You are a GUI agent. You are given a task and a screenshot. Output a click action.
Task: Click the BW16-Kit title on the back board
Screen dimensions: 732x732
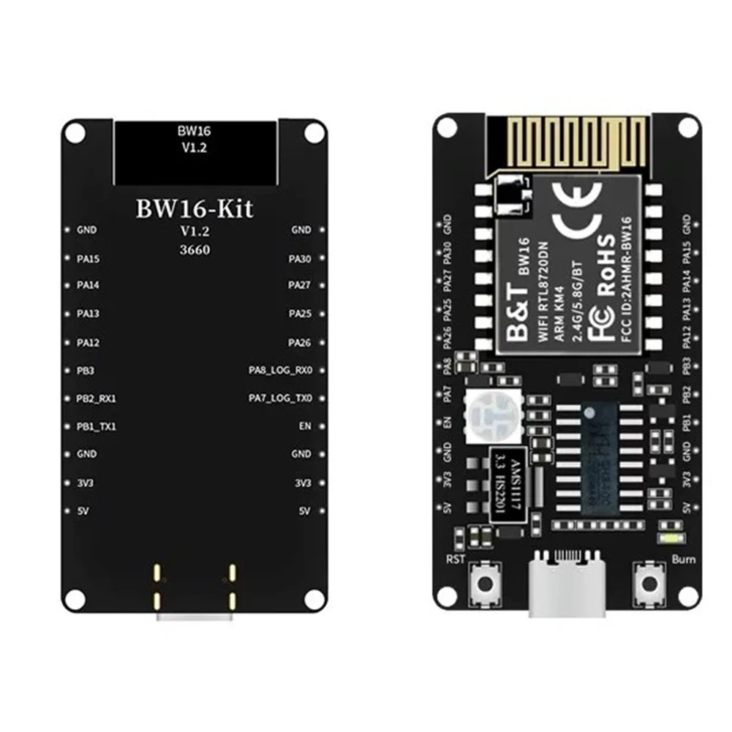(x=195, y=208)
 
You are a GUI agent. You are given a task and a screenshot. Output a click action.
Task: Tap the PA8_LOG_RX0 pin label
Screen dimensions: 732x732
(x=280, y=371)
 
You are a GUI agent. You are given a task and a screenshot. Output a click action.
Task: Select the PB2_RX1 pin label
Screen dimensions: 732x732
(x=97, y=399)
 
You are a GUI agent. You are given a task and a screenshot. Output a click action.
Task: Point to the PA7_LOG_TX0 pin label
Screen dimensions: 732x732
(x=280, y=399)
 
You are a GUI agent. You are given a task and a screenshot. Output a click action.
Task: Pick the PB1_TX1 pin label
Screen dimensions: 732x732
(x=96, y=426)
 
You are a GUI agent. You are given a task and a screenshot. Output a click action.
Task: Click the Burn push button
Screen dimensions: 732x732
(x=648, y=584)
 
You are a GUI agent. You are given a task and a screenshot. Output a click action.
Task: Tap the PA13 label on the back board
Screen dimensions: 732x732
(x=88, y=314)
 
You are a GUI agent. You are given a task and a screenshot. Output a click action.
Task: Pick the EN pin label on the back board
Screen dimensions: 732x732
(x=305, y=426)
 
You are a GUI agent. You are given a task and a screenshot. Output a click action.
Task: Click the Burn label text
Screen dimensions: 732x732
(x=683, y=560)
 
